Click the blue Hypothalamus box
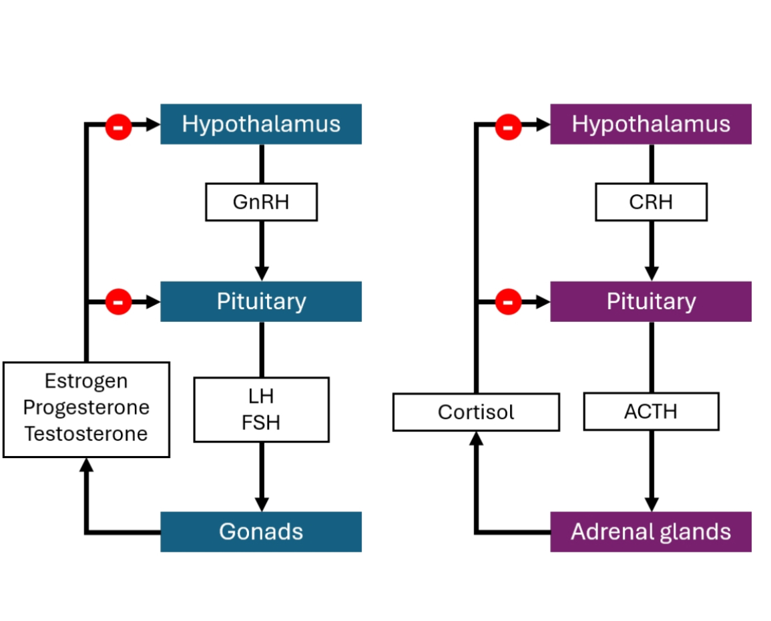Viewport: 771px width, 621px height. [261, 124]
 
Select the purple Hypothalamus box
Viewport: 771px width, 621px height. [651, 124]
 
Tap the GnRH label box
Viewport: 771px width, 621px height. [261, 202]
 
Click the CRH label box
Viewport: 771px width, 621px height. [651, 202]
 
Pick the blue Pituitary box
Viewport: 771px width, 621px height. [261, 301]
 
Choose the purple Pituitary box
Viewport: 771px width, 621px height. [651, 301]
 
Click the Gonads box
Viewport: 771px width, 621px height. [261, 532]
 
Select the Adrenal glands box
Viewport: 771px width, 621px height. [651, 532]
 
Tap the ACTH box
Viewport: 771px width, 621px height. [651, 411]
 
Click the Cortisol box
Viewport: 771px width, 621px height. [476, 412]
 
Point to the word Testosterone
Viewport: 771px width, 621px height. [86, 433]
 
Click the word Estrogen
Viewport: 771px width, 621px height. [86, 381]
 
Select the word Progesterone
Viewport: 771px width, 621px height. [86, 407]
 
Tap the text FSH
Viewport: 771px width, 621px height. [261, 423]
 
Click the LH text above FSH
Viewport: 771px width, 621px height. [261, 397]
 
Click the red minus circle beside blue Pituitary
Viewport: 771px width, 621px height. [119, 302]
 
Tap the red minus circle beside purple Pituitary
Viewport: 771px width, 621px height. [508, 302]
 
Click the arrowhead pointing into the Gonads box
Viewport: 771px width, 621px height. [262, 504]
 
